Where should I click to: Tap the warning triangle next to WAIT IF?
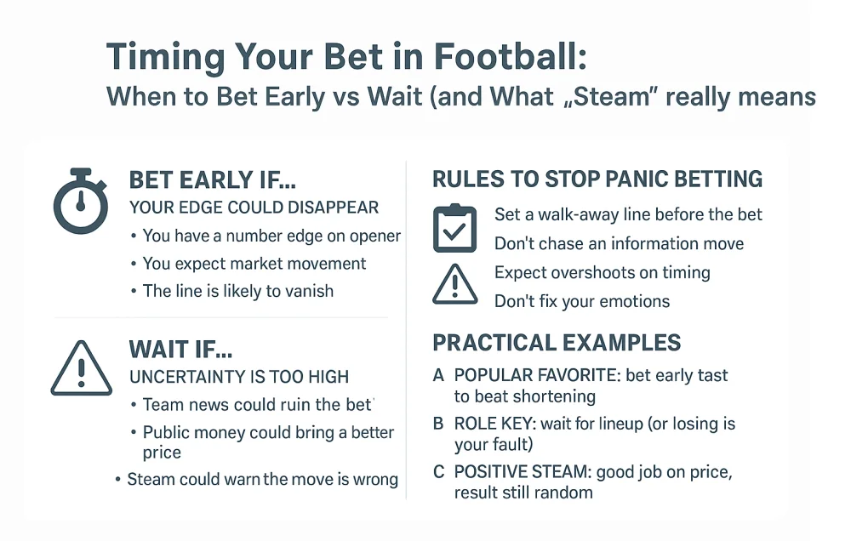(80, 367)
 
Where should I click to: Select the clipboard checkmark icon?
(454, 228)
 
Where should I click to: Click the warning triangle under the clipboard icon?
(454, 284)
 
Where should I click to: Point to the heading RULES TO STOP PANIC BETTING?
(597, 179)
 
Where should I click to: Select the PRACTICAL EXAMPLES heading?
(557, 343)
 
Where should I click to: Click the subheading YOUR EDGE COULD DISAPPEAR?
(254, 208)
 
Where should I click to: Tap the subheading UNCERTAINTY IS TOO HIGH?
(238, 376)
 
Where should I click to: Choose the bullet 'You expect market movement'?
(254, 264)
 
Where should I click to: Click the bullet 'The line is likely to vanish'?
(237, 291)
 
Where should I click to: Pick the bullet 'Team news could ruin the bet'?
(258, 405)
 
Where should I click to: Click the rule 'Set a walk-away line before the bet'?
(628, 215)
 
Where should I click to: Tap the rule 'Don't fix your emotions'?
(582, 301)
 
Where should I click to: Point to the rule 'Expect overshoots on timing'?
(602, 272)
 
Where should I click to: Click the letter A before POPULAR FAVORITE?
(438, 375)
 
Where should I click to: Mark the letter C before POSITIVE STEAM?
(438, 472)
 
